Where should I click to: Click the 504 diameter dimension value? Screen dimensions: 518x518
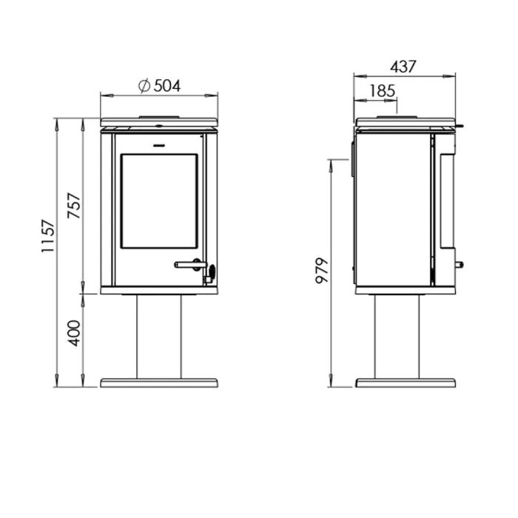coord(167,86)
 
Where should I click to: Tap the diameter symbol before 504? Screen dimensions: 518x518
coord(144,86)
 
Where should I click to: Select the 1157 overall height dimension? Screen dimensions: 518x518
coord(47,236)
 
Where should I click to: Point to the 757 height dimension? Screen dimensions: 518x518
coord(74,205)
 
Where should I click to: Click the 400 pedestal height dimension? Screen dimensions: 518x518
coord(74,333)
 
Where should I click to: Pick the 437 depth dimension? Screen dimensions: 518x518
coord(403,67)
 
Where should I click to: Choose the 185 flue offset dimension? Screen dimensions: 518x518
coord(383,91)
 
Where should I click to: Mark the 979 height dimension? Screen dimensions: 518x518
coord(322,270)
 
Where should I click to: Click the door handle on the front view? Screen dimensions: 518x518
coord(191,264)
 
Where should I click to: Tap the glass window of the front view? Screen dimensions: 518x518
coord(159,201)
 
